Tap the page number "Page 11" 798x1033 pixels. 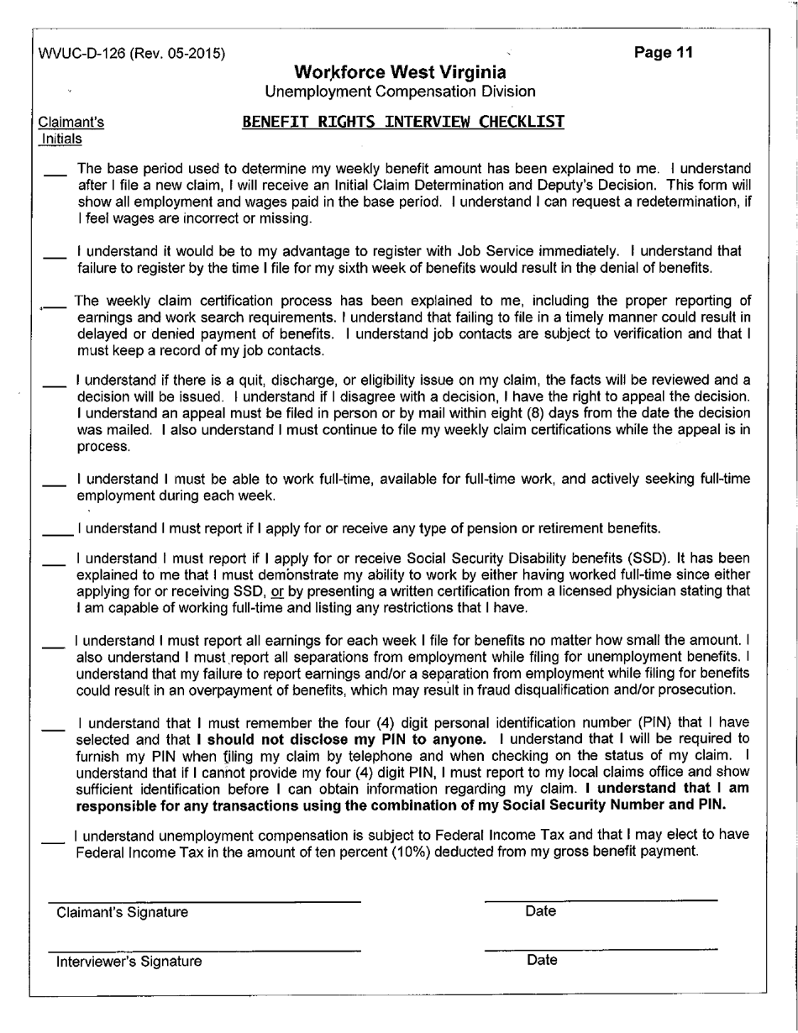[664, 53]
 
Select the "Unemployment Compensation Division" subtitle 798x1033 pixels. [400, 91]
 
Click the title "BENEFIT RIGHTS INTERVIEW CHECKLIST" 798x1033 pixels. [402, 122]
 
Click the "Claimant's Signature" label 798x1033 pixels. [122, 912]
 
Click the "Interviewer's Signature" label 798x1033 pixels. [129, 961]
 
